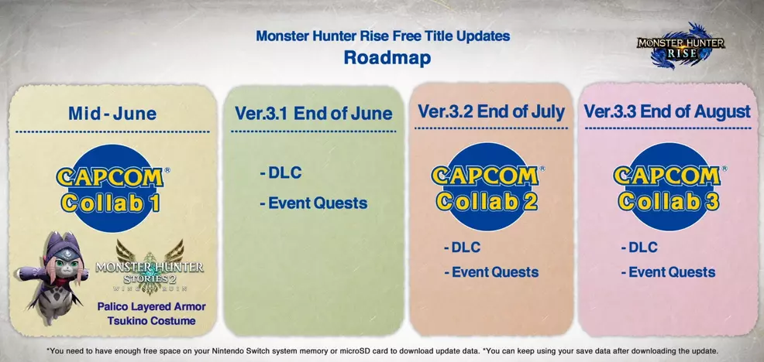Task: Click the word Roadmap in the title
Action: tap(387, 57)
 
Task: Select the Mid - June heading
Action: tap(112, 114)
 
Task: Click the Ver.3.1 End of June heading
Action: tap(313, 114)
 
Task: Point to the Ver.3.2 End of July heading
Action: tap(491, 111)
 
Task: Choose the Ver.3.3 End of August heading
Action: tap(667, 111)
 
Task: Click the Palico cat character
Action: tap(52, 277)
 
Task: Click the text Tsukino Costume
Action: tap(152, 321)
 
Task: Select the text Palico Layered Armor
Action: tap(152, 307)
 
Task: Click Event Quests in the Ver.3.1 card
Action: tap(313, 203)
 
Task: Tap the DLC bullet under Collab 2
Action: tap(462, 248)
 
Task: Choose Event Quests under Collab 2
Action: tap(491, 272)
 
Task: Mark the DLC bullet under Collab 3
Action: tap(639, 248)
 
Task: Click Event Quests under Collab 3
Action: tap(668, 272)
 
